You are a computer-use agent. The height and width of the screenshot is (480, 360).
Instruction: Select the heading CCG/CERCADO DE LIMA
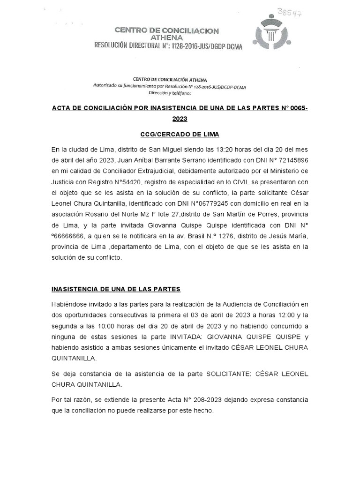180,135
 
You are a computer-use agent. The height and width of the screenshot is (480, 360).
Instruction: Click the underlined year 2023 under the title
180,119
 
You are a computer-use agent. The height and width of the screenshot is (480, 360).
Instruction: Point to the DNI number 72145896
292,160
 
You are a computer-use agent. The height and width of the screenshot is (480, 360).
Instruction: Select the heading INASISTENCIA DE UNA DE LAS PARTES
116,289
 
